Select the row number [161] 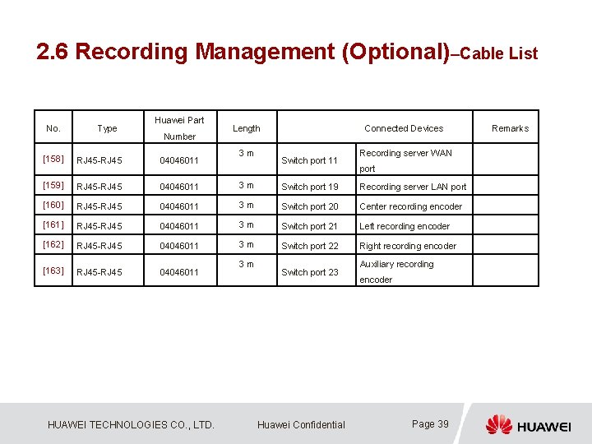[x=53, y=225]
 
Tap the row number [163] [x=53, y=271]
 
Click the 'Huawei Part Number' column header [x=179, y=128]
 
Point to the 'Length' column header [x=246, y=128]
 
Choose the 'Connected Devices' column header [x=403, y=128]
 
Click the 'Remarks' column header [x=510, y=128]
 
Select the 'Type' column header [x=107, y=128]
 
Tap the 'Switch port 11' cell [x=309, y=160]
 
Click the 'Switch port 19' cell [x=309, y=187]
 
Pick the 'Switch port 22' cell [x=309, y=246]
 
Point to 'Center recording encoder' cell [x=410, y=206]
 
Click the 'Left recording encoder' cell [x=404, y=226]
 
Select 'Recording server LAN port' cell [x=412, y=187]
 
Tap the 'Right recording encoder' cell [x=407, y=246]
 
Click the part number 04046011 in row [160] [x=179, y=206]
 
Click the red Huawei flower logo [x=498, y=424]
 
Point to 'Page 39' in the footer [x=430, y=424]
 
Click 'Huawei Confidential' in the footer [x=301, y=424]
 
